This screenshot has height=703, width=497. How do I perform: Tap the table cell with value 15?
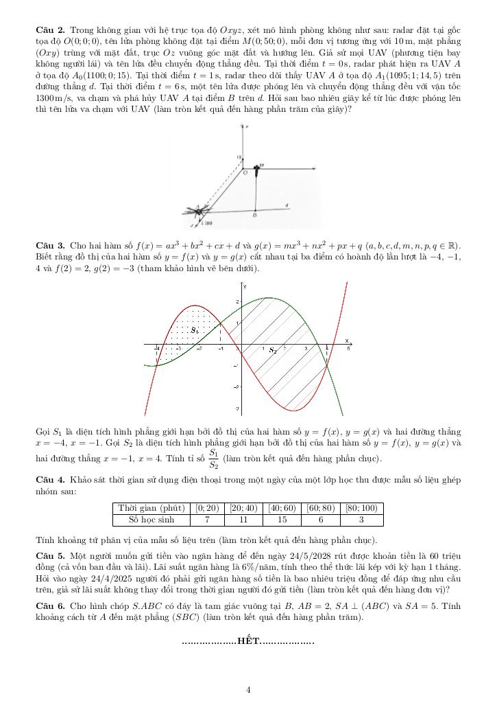286,520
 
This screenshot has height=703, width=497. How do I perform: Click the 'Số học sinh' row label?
151,520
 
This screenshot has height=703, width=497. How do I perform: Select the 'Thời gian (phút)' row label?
151,508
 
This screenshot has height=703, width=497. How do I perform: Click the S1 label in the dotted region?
195,330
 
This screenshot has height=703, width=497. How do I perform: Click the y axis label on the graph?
245,285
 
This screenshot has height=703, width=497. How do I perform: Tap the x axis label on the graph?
347,340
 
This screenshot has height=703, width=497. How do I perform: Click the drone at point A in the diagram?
199,211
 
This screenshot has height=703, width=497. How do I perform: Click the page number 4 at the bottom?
248,689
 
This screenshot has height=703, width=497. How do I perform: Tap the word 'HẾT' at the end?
248,641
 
